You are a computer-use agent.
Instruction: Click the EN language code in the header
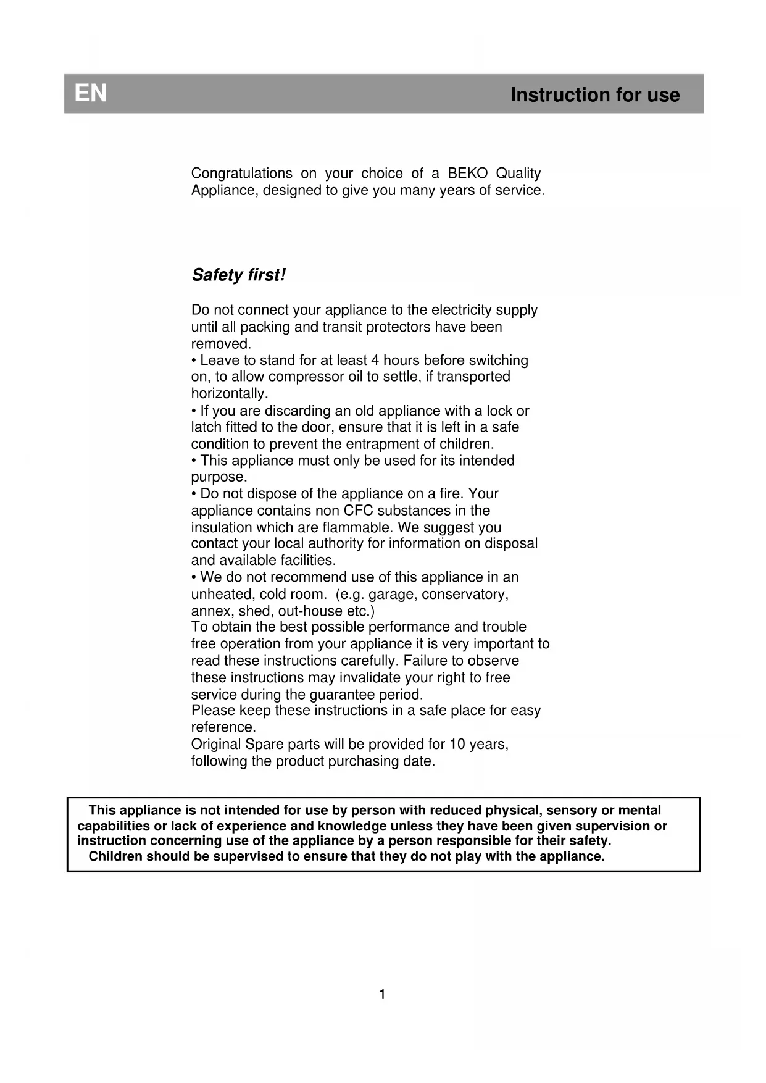pyautogui.click(x=91, y=94)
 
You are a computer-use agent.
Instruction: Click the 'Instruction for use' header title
pyautogui.click(x=594, y=95)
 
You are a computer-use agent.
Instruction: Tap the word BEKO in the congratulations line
pyautogui.click(x=467, y=174)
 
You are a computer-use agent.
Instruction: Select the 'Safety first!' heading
pyautogui.click(x=238, y=275)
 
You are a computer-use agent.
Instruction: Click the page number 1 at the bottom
pyautogui.click(x=382, y=994)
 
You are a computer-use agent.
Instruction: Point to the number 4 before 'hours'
pyautogui.click(x=374, y=361)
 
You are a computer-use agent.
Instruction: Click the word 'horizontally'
pyautogui.click(x=228, y=394)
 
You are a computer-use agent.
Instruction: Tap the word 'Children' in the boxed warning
pyautogui.click(x=115, y=856)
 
